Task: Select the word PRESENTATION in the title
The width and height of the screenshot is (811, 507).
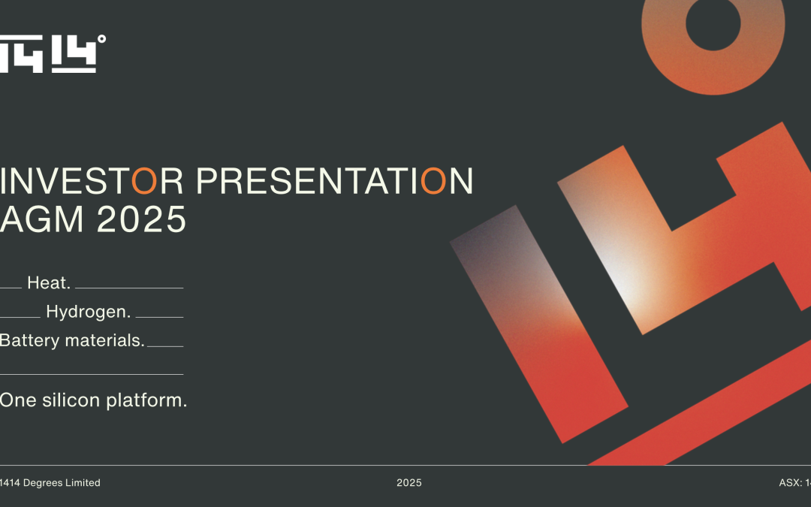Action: (x=335, y=182)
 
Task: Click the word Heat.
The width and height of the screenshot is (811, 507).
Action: (x=49, y=283)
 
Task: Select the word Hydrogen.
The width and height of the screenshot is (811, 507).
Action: (x=88, y=312)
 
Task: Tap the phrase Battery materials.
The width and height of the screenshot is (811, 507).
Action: (x=72, y=340)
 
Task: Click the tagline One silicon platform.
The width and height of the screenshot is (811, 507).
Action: (x=93, y=400)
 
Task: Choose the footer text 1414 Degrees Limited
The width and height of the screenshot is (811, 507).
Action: (x=50, y=483)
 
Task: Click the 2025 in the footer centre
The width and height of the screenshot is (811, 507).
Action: (x=409, y=483)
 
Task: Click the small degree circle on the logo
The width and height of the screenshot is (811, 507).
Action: (x=101, y=39)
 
